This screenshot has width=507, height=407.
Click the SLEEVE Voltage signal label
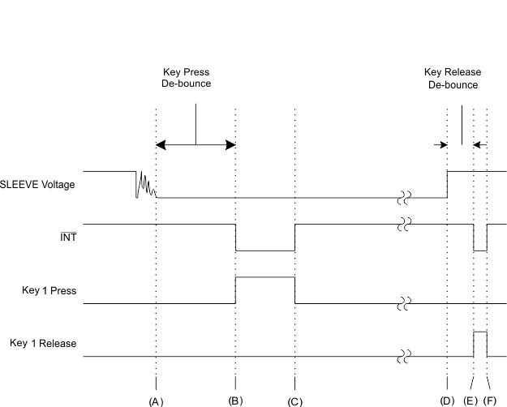click(37, 185)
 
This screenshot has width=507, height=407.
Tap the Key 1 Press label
click(49, 290)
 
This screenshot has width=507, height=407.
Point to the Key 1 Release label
click(42, 343)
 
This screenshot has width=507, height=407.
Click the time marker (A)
click(156, 401)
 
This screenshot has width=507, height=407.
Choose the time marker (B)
click(235, 401)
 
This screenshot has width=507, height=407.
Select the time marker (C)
click(295, 401)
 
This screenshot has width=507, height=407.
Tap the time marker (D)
click(447, 401)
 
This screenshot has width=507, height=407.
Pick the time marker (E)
click(470, 401)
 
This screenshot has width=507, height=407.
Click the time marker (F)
click(490, 401)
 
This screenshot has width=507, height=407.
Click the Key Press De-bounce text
click(186, 79)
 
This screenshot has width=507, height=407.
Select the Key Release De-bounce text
click(452, 79)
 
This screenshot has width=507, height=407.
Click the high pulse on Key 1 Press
click(265, 277)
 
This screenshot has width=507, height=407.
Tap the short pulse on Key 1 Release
click(480, 332)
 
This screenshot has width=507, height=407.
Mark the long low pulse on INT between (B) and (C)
click(265, 251)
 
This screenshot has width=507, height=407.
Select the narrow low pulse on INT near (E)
click(480, 251)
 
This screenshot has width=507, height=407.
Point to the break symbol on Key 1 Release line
click(403, 356)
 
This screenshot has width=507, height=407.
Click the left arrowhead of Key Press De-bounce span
click(161, 145)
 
